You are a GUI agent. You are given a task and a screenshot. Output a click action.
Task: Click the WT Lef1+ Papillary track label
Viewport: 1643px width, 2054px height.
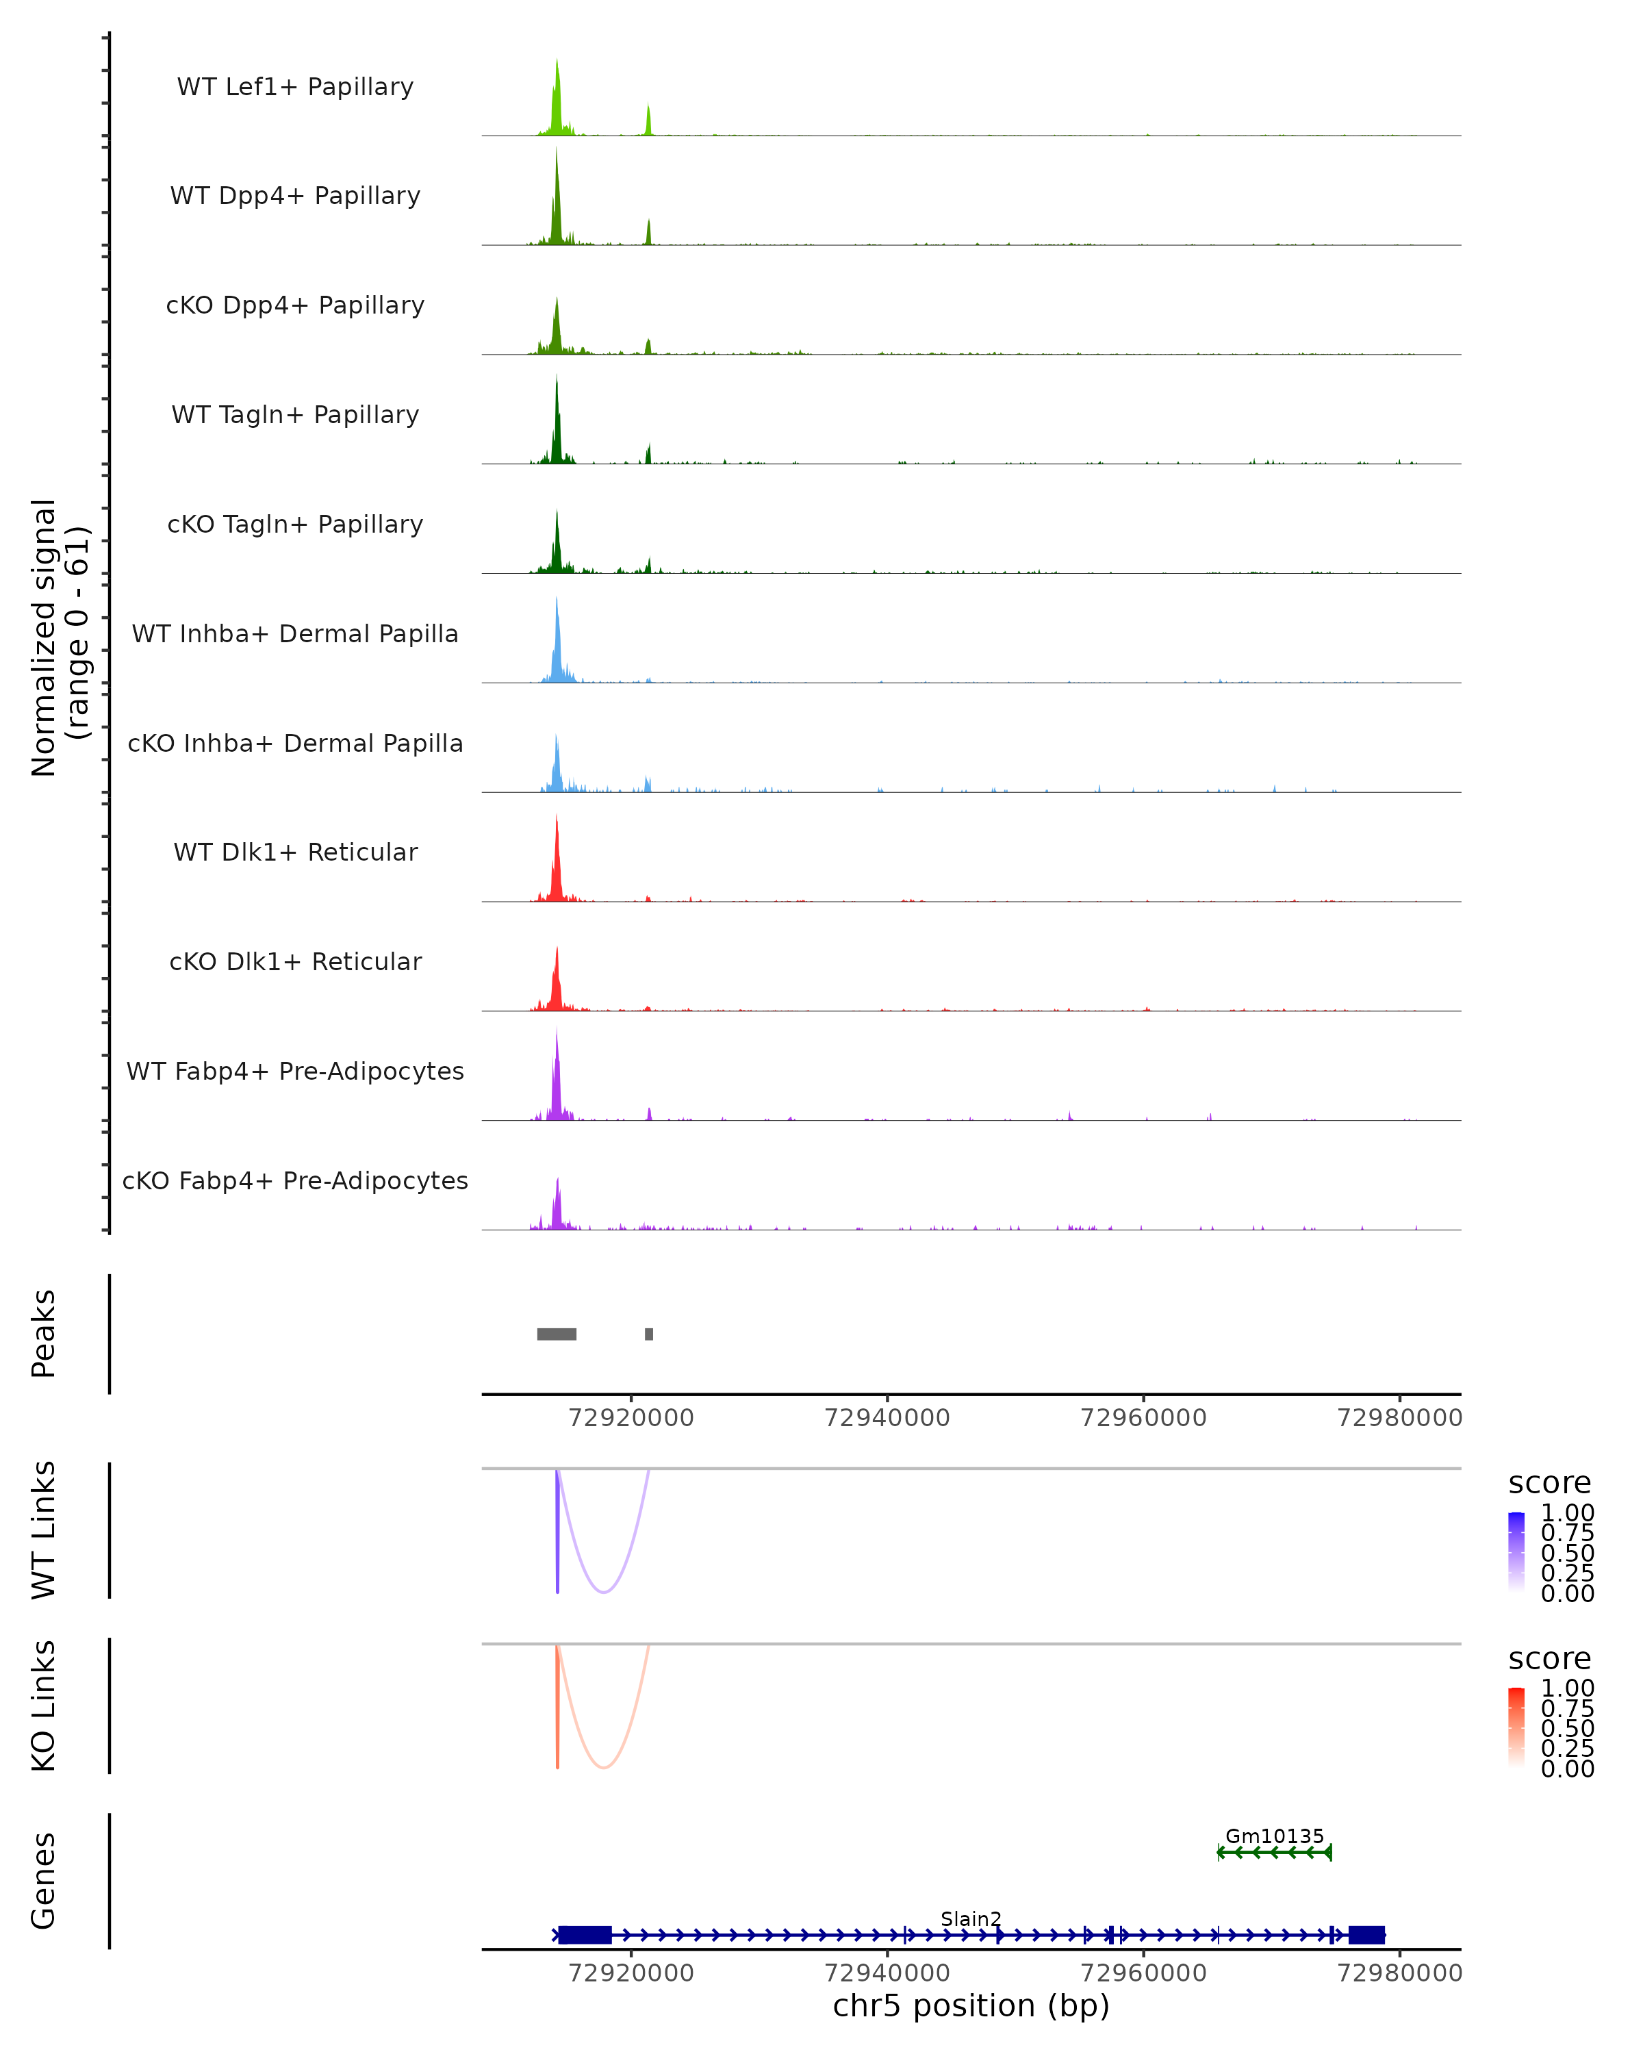295,87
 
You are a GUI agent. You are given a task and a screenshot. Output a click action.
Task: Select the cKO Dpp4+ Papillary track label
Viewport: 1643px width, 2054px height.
295,305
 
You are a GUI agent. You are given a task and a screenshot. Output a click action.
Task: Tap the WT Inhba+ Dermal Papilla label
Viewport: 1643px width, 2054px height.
295,633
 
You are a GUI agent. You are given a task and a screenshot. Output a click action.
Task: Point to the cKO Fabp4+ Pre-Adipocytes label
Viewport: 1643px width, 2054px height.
295,1180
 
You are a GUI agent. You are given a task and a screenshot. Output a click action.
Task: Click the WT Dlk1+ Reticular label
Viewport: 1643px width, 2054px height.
295,852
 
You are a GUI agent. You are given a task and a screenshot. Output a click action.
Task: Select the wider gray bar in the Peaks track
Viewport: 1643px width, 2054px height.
557,1334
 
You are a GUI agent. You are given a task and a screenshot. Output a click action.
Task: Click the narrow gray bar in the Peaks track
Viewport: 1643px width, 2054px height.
648,1334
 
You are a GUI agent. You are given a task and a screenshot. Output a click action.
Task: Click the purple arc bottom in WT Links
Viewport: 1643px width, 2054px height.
603,1591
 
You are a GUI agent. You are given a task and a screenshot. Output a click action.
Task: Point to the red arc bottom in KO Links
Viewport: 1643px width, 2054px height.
603,1766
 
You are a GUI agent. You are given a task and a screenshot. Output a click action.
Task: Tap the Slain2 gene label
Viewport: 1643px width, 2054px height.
971,1918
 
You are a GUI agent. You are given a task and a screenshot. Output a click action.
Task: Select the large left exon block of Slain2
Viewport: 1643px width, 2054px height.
585,1935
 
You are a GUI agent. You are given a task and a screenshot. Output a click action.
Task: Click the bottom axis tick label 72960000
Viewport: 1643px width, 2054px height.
1143,1972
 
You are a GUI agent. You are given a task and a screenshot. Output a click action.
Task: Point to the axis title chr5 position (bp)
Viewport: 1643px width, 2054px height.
971,2005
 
